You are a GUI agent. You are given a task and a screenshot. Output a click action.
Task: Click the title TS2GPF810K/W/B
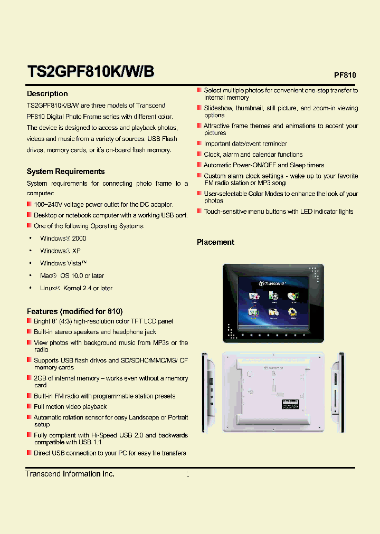point(90,71)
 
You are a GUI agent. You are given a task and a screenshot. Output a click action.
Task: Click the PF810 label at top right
point(345,75)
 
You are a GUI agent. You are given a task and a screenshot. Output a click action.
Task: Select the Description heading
point(47,93)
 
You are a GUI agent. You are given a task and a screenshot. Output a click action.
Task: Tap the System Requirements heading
point(65,171)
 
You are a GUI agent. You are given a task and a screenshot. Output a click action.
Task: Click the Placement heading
point(215,242)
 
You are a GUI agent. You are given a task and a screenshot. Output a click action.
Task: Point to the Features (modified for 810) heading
point(74,311)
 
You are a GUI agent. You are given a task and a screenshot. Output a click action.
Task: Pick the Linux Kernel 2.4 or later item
point(76,288)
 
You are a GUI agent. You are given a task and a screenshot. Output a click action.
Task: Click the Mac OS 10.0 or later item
point(72,275)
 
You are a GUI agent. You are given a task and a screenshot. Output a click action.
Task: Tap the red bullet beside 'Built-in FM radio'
point(29,396)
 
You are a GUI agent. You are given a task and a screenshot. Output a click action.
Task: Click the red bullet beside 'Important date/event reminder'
point(199,144)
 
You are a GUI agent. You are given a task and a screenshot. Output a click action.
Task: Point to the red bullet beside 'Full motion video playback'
point(29,406)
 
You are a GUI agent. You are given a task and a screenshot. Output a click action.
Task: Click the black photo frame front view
point(273,303)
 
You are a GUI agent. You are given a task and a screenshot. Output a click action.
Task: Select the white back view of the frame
point(273,392)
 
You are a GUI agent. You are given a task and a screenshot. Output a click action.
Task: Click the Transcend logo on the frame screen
point(272,284)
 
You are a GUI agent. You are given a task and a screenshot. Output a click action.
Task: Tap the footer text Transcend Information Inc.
point(70,474)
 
